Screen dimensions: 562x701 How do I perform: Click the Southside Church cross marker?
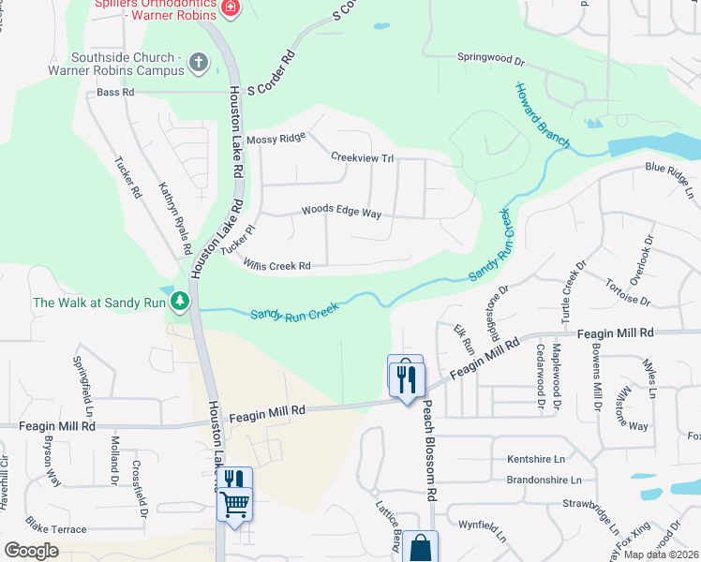[x=198, y=63]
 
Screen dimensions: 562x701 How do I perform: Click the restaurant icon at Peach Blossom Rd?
[x=407, y=378]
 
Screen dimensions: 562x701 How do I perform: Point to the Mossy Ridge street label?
[x=276, y=139]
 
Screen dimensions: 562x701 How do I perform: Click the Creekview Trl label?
[x=361, y=157]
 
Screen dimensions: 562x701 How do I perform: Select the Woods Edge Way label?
[x=341, y=212]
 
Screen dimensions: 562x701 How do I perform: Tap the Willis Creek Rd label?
[x=276, y=266]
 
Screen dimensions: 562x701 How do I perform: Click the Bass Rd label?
[x=116, y=93]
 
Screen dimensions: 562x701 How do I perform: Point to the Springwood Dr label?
[x=491, y=57]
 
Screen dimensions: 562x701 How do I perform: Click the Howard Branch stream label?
[x=542, y=115]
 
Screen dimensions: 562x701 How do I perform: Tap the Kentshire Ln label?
[x=536, y=459]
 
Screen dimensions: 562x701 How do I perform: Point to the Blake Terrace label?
[x=56, y=529]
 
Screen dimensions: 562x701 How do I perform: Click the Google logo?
[x=31, y=551]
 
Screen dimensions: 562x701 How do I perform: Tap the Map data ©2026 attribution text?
[x=661, y=555]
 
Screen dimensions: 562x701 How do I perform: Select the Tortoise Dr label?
[x=627, y=292]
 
